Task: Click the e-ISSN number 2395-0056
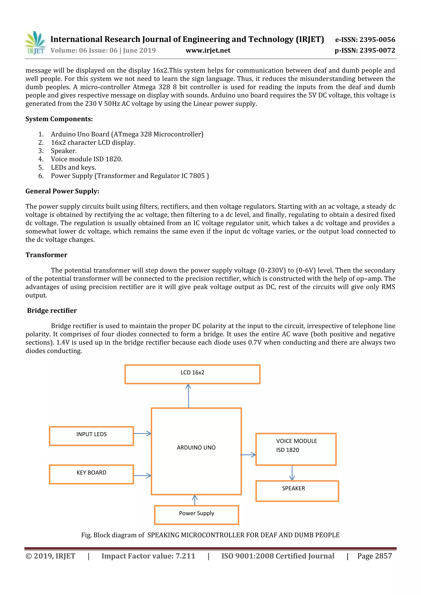pyautogui.click(x=365, y=40)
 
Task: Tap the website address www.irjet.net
pyautogui.click(x=208, y=50)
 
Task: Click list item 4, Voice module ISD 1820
pyautogui.click(x=86, y=159)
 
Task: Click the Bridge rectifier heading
pyautogui.click(x=52, y=310)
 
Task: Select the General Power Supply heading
pyautogui.click(x=62, y=191)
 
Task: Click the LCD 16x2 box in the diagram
pyautogui.click(x=192, y=374)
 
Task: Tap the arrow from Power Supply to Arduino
pyautogui.click(x=195, y=500)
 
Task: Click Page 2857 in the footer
pyautogui.click(x=374, y=556)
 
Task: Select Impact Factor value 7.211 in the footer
pyautogui.click(x=148, y=556)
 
